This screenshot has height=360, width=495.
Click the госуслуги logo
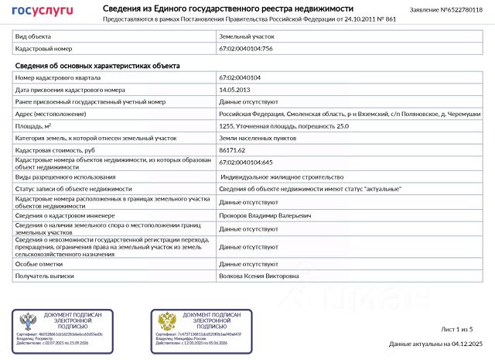pos(43,11)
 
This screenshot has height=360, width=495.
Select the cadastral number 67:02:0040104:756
pos(246,48)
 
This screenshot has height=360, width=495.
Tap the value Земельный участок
pos(247,36)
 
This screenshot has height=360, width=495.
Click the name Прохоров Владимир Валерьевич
pos(265,216)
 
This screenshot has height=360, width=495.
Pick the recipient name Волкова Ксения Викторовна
pos(258,276)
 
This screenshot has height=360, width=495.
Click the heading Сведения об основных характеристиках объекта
pos(97,66)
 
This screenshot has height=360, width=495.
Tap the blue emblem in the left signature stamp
pos(28,321)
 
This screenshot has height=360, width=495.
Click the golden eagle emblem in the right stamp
pos(167,321)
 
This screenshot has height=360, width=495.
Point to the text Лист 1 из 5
pos(456,330)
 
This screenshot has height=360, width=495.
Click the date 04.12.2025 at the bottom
pos(467,344)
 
